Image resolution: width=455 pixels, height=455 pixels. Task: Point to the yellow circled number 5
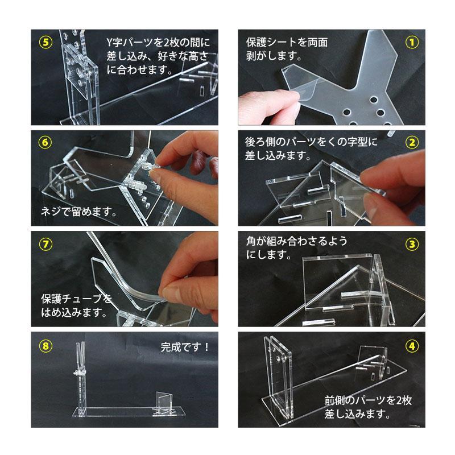pyautogui.click(x=43, y=43)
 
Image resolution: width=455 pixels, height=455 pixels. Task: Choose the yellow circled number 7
pyautogui.click(x=43, y=245)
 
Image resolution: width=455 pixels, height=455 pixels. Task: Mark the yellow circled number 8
pyautogui.click(x=43, y=345)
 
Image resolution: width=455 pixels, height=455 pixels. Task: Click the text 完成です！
pyautogui.click(x=186, y=346)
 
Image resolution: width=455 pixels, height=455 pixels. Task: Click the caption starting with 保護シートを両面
pyautogui.click(x=287, y=49)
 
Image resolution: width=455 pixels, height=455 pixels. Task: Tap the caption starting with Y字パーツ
pyautogui.click(x=159, y=56)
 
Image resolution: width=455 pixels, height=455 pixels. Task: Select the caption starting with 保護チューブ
pyautogui.click(x=76, y=305)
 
